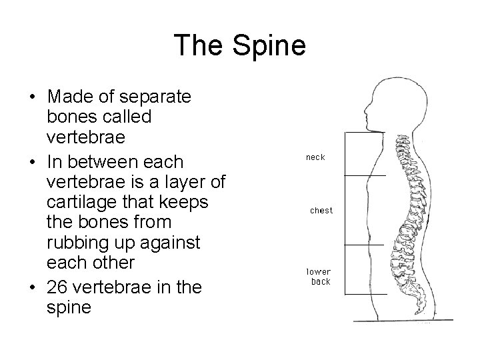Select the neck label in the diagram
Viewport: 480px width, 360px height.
click(315, 157)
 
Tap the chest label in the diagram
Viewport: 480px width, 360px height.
click(321, 211)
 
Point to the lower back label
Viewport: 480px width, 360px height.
click(318, 277)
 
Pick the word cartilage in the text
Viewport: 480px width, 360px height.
click(79, 203)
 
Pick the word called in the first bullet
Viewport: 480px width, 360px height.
click(131, 117)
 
